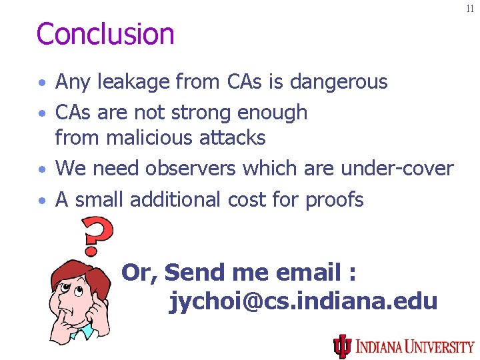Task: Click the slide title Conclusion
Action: [x=105, y=34]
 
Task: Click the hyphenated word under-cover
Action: [x=397, y=169]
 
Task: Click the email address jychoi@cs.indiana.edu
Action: [x=304, y=301]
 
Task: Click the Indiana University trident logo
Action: [x=342, y=346]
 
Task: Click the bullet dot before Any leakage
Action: [x=42, y=84]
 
